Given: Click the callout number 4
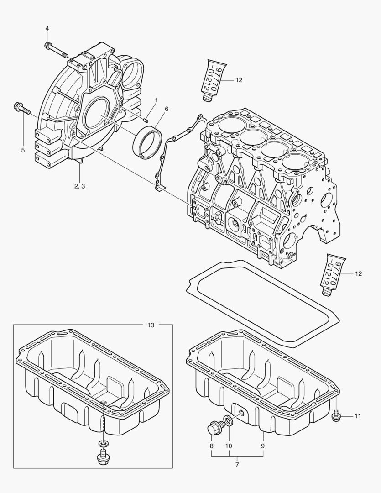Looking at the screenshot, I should (x=47, y=28).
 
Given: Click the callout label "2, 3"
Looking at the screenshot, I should (x=79, y=186).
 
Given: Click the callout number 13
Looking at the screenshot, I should (x=151, y=325).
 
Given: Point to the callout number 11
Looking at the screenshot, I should (x=358, y=416).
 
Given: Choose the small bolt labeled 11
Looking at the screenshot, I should (x=337, y=416).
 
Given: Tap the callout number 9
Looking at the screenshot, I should (x=263, y=445).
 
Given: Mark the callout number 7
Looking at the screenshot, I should (x=237, y=464).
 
